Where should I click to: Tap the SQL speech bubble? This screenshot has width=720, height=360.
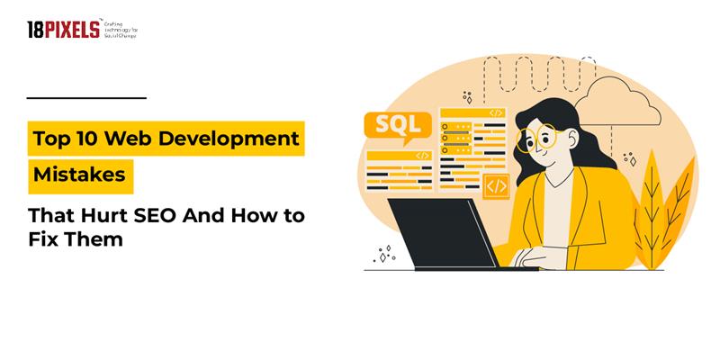point(388,124)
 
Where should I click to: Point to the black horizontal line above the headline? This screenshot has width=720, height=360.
point(86,97)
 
